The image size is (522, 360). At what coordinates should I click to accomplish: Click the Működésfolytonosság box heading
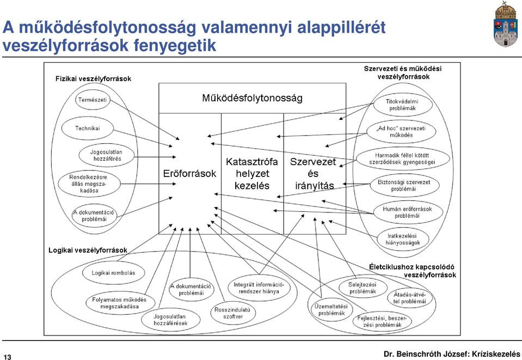[253, 98]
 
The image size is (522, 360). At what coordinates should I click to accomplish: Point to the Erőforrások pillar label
[189, 174]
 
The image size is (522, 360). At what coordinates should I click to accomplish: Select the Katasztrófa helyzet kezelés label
[252, 174]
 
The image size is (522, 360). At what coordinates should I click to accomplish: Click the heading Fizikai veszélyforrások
[93, 78]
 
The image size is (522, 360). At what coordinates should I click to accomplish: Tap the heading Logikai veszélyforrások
[88, 250]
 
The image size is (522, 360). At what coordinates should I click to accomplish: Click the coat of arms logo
[505, 25]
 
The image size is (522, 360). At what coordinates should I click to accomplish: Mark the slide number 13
[7, 357]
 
